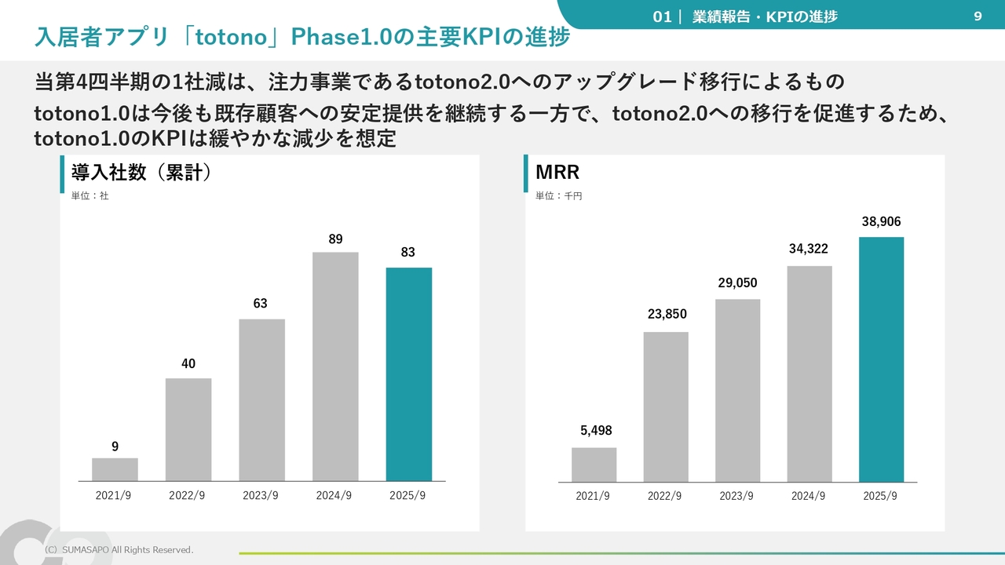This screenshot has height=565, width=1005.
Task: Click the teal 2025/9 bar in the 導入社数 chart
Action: pyautogui.click(x=409, y=374)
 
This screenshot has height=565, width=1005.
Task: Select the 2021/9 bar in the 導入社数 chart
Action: pyautogui.click(x=115, y=469)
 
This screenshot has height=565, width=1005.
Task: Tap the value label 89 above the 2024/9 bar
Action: pyautogui.click(x=335, y=239)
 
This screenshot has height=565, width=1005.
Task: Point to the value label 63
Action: pyautogui.click(x=260, y=304)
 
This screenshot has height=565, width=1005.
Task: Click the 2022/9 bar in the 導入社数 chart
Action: pyautogui.click(x=188, y=429)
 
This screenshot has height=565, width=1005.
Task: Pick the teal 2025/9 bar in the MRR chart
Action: pyautogui.click(x=881, y=359)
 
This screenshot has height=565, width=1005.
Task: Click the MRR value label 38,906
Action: pyautogui.click(x=881, y=222)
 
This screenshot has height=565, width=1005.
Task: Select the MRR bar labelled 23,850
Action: pyautogui.click(x=666, y=406)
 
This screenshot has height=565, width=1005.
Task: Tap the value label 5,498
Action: pyautogui.click(x=596, y=431)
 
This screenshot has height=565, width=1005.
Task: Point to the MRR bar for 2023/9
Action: pyautogui.click(x=737, y=390)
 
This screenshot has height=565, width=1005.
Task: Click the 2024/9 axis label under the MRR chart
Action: pyautogui.click(x=808, y=496)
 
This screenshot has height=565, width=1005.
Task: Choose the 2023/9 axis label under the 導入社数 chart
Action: pyautogui.click(x=261, y=496)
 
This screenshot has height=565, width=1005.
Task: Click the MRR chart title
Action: pyautogui.click(x=557, y=172)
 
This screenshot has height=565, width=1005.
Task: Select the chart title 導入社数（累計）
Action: pyautogui.click(x=141, y=173)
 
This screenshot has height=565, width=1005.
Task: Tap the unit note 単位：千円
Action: pyautogui.click(x=558, y=196)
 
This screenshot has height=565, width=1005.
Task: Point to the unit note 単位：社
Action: pyautogui.click(x=90, y=196)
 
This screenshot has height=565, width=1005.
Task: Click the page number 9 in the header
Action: pyautogui.click(x=978, y=16)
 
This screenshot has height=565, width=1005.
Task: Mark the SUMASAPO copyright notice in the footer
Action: pyautogui.click(x=118, y=550)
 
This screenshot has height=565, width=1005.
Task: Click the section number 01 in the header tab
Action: pyautogui.click(x=662, y=16)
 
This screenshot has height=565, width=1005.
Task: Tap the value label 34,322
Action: pyautogui.click(x=809, y=250)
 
